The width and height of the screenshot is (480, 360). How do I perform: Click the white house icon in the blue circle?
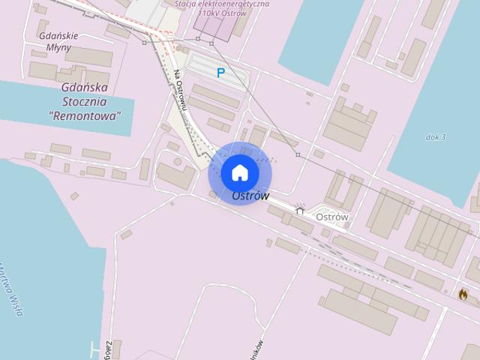pyautogui.click(x=240, y=172)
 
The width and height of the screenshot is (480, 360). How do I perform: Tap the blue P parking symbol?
pyautogui.click(x=220, y=73)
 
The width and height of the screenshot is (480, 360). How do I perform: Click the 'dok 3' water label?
pyautogui.click(x=435, y=137)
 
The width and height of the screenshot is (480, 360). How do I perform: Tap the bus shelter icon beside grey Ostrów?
pyautogui.click(x=300, y=210)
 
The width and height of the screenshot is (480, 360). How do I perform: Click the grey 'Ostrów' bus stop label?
pyautogui.click(x=332, y=217)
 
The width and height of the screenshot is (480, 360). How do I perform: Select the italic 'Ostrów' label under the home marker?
pyautogui.click(x=250, y=196)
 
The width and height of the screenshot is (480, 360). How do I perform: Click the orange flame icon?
pyautogui.click(x=463, y=294)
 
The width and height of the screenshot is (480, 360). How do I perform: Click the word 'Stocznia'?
pyautogui.click(x=84, y=101)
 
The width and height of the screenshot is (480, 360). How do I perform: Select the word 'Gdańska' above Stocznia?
pyautogui.click(x=85, y=87)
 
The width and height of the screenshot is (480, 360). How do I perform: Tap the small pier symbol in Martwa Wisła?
pyautogui.click(x=94, y=348)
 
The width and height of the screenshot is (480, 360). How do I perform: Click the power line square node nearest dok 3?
pyautogui.click(x=298, y=154)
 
